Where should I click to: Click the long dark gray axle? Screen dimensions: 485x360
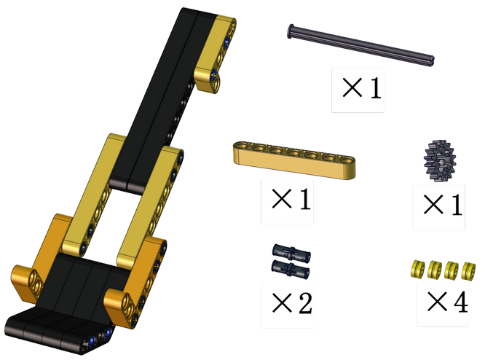click(x=361, y=45)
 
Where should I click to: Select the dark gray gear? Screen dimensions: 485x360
click(x=440, y=160)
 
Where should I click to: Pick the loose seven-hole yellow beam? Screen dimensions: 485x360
click(x=294, y=160)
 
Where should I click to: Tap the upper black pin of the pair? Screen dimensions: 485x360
click(x=291, y=253)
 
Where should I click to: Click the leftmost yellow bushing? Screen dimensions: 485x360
click(x=418, y=269)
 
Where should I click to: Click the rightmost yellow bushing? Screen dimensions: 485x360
click(x=468, y=271)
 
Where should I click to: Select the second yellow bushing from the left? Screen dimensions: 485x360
click(x=435, y=270)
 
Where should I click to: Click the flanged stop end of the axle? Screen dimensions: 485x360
click(x=291, y=31)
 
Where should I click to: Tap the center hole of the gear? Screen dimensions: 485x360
click(x=439, y=160)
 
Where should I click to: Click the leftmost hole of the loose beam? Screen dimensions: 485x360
click(x=242, y=145)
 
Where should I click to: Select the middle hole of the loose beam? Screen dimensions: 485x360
click(x=293, y=152)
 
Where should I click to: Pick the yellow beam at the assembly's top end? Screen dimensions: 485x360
click(x=216, y=53)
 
